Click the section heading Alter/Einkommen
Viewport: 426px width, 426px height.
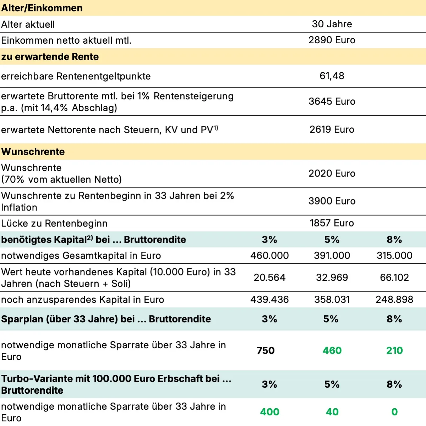[x=42, y=8]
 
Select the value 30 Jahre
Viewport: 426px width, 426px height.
[x=332, y=24]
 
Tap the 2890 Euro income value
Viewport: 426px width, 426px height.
[x=332, y=40]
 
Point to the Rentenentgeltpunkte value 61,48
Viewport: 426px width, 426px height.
[x=332, y=76]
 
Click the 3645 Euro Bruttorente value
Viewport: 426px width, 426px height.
[x=332, y=102]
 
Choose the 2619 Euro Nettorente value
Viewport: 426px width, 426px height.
[x=332, y=130]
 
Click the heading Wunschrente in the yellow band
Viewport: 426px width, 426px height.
[x=33, y=152]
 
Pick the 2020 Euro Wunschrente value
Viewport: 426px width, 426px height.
[x=332, y=174]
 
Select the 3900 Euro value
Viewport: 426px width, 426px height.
[x=332, y=201]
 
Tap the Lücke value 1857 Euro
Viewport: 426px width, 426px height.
[x=332, y=223]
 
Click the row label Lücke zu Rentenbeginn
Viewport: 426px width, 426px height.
[x=54, y=224]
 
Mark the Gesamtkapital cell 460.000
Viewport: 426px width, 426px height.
[x=269, y=256]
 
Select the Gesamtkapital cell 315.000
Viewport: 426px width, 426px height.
[x=394, y=256]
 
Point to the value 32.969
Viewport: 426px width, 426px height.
[x=332, y=278]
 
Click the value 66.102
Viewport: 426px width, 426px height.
[x=394, y=278]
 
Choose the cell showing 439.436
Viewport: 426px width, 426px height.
[x=269, y=300]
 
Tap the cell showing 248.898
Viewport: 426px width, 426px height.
[x=394, y=300]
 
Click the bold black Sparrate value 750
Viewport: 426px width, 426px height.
[x=266, y=351]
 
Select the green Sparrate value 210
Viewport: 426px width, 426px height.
[x=394, y=351]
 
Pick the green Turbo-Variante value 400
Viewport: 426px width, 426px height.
[x=270, y=412]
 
